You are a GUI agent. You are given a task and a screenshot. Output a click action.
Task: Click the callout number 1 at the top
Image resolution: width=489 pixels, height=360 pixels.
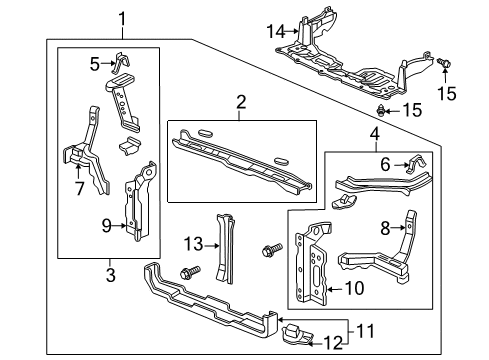pyautogui.click(x=122, y=17)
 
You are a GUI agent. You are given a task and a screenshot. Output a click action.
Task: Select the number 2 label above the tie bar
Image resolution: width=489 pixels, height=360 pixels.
pyautogui.click(x=240, y=101)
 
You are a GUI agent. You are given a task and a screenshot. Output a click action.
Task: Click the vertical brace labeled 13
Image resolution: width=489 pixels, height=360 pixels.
pyautogui.click(x=221, y=245)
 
